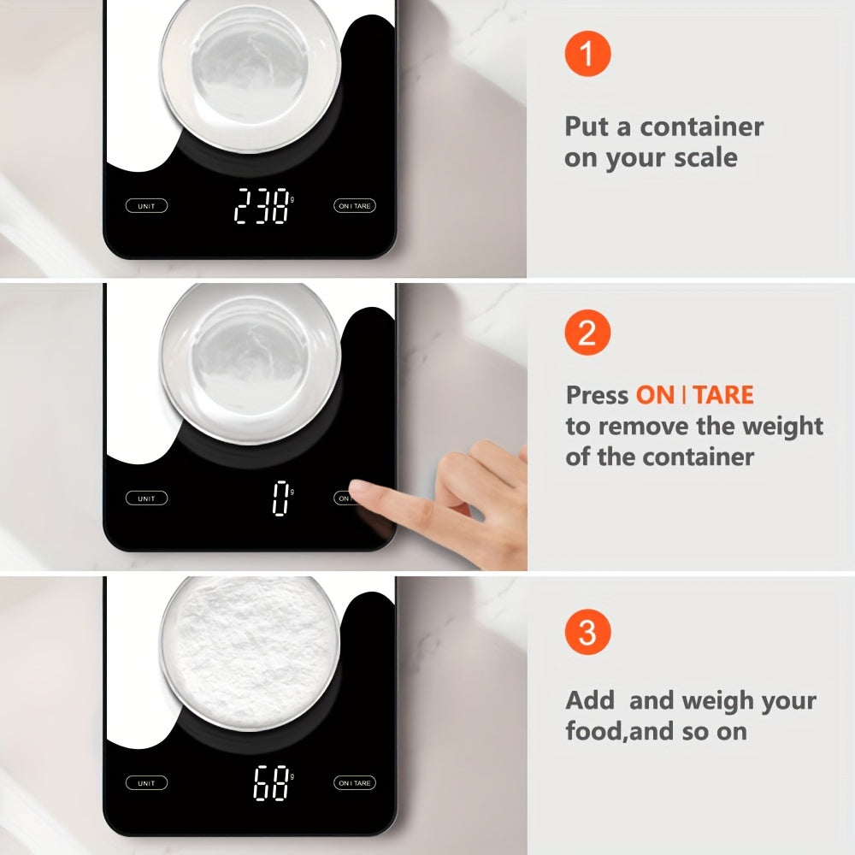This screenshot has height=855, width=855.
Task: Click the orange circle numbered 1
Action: tap(587, 54)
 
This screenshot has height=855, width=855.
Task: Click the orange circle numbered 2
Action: tap(587, 333)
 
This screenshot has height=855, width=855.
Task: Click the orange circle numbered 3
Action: tap(587, 634)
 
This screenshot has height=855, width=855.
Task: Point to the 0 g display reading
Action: tap(280, 498)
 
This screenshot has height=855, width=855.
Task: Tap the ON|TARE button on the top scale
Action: tap(354, 205)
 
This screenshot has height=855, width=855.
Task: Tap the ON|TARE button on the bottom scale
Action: tap(354, 783)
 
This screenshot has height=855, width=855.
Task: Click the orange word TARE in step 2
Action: tap(722, 395)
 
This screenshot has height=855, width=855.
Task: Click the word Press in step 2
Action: tap(597, 395)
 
